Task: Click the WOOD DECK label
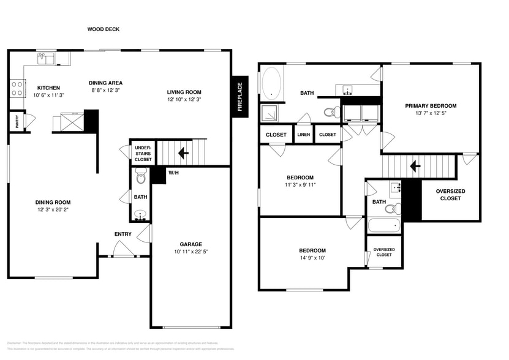point(104,29)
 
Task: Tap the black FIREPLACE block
point(240,97)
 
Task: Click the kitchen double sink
point(45,59)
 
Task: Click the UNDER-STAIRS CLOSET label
point(143,153)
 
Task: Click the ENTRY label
point(123,234)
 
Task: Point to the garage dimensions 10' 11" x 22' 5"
point(190,252)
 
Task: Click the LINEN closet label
point(304,135)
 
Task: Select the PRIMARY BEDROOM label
point(431,106)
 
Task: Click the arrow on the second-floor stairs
point(415,166)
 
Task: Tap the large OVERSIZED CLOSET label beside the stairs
point(450,195)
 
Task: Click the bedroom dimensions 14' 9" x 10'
point(312,258)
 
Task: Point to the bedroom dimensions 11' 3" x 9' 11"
point(300,185)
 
